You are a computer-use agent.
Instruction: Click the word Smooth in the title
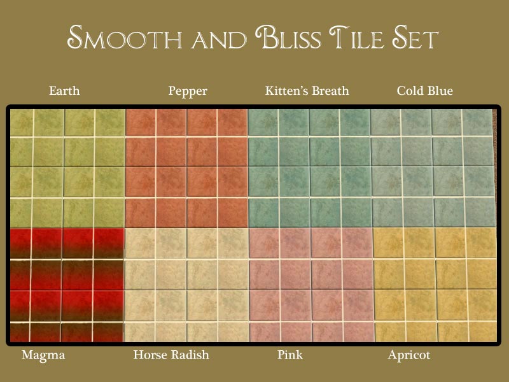click(124, 37)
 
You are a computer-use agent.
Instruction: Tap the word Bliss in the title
click(288, 37)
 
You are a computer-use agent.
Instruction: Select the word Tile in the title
click(356, 38)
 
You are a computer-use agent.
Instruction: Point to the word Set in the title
click(415, 37)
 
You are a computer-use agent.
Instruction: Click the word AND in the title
click(219, 39)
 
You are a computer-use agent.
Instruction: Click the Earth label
click(64, 90)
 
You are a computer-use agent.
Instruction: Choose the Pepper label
click(188, 91)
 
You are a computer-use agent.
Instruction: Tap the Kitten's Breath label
click(307, 90)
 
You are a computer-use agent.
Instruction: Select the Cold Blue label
click(424, 90)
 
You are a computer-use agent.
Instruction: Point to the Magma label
click(43, 355)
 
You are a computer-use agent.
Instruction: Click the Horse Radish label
click(171, 355)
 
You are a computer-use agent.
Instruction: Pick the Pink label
click(290, 355)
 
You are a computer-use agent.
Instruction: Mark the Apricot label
click(409, 355)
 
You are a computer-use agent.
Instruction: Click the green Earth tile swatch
click(67, 168)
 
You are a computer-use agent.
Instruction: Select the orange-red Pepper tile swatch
click(186, 168)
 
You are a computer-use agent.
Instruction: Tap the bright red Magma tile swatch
click(67, 285)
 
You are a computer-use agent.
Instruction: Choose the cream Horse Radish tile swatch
click(187, 285)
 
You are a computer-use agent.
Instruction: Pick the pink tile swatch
click(312, 285)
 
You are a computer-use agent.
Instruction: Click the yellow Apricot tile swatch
click(435, 285)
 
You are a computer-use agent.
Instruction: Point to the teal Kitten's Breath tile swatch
click(310, 168)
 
